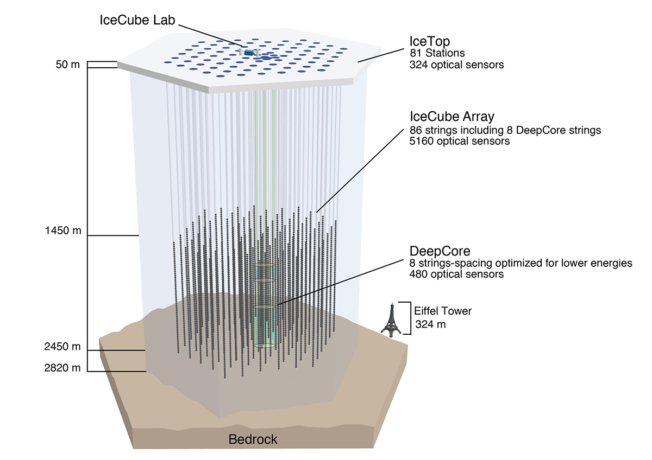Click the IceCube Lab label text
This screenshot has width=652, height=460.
[x=138, y=21]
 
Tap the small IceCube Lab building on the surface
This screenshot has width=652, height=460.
[x=249, y=52]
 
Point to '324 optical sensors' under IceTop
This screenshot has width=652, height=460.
[x=456, y=65]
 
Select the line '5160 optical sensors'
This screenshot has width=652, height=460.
[x=460, y=142]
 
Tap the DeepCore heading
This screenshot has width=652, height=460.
[x=440, y=251]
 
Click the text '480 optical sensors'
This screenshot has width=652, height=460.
[x=456, y=274]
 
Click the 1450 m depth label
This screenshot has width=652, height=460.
[x=64, y=231]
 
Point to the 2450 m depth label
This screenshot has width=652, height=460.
[x=62, y=347]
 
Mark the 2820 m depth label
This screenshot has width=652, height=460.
[x=62, y=368]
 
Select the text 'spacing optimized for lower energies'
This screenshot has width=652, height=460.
[x=549, y=263]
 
